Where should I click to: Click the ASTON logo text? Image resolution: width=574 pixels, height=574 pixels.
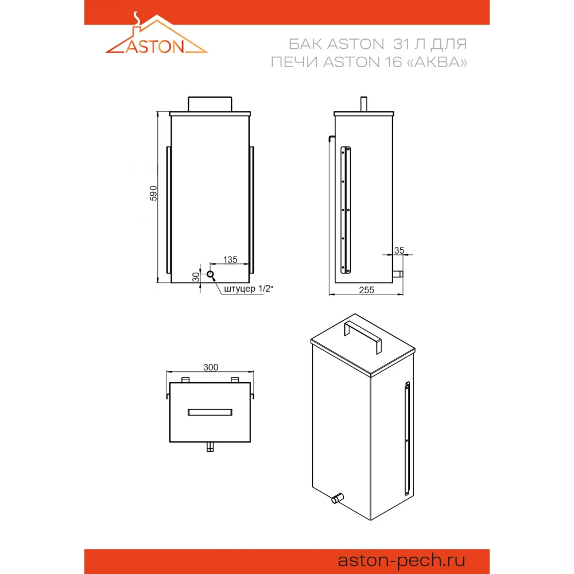coord(155,46)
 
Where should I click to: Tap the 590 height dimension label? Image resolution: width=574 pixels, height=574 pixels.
coord(153,193)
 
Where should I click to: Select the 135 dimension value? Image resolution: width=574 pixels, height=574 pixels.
coord(230,259)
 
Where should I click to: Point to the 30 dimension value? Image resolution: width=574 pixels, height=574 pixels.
coord(196,277)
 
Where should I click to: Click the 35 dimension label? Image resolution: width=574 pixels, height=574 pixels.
coord(399,250)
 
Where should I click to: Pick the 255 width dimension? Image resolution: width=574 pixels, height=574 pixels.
coord(366,290)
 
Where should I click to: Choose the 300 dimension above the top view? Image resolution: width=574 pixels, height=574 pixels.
coord(211,367)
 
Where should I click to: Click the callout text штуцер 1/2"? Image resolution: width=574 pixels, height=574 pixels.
coord(248,289)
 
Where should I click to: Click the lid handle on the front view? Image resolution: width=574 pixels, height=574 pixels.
coord(210,104)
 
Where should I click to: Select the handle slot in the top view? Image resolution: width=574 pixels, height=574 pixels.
coord(210,412)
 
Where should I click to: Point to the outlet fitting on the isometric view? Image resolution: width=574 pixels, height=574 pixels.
coord(337,498)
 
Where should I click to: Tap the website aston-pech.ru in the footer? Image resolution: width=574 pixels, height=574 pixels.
coord(401,560)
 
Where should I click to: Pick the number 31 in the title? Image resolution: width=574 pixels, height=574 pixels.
coord(401,44)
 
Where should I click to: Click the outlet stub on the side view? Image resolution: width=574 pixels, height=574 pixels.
coord(398,274)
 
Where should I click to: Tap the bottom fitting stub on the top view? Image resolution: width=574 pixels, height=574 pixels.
coord(210,447)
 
